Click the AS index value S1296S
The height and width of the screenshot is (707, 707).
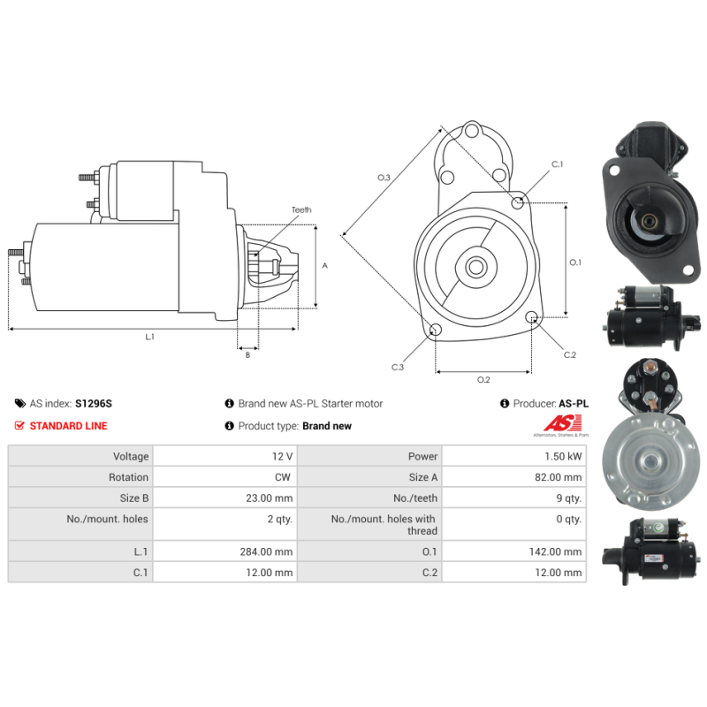(x=94, y=404)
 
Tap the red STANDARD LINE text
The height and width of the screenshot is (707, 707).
(x=69, y=426)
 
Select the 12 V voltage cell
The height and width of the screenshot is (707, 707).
(x=282, y=456)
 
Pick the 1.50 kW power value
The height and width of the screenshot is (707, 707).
(x=563, y=456)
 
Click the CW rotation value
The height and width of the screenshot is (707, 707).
(x=283, y=477)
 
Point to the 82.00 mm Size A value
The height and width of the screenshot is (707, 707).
(x=559, y=477)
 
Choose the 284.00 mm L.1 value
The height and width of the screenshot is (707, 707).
(x=266, y=551)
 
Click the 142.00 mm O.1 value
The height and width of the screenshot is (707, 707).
(x=556, y=551)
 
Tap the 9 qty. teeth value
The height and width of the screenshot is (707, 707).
(x=569, y=498)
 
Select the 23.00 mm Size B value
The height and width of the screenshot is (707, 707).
(x=270, y=498)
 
